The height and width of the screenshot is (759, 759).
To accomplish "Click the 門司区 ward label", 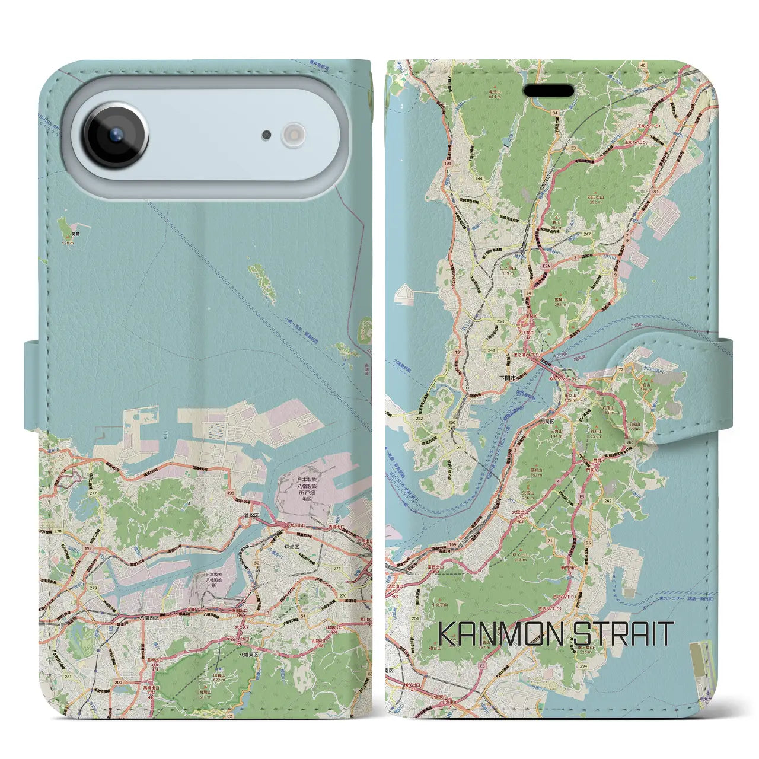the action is (x=564, y=417).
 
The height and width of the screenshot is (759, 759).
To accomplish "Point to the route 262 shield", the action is (x=607, y=501).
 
